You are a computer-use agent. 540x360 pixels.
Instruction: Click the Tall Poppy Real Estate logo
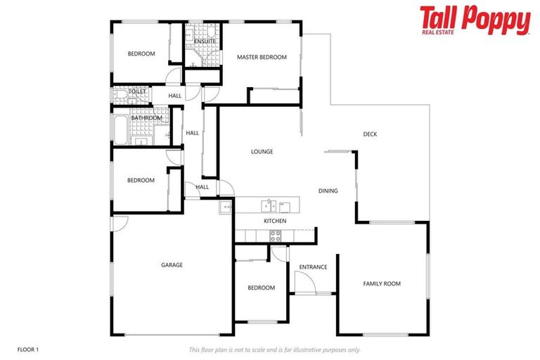[475, 20]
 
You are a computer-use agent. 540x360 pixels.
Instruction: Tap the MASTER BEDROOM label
[262, 57]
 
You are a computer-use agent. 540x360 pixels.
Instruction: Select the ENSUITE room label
[205, 41]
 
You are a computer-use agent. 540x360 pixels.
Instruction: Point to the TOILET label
[137, 91]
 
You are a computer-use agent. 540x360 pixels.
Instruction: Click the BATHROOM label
[146, 118]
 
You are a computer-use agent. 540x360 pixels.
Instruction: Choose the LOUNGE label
[262, 151]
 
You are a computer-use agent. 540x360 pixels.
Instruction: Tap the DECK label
[371, 134]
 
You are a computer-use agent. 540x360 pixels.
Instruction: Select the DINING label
[328, 191]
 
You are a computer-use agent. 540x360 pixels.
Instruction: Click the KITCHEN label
[275, 221]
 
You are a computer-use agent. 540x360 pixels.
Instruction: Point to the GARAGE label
[172, 265]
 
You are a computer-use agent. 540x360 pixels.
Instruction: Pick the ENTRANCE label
[313, 266]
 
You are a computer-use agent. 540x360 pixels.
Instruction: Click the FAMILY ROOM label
[382, 283]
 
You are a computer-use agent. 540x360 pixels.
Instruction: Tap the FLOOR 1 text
[28, 349]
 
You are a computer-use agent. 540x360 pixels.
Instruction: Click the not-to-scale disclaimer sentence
[274, 349]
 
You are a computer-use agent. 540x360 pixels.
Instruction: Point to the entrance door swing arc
[304, 282]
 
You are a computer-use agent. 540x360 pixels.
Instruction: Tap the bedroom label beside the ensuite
[141, 54]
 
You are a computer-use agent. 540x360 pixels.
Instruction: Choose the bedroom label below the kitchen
[261, 288]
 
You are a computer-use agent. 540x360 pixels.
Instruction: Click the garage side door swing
[120, 223]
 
